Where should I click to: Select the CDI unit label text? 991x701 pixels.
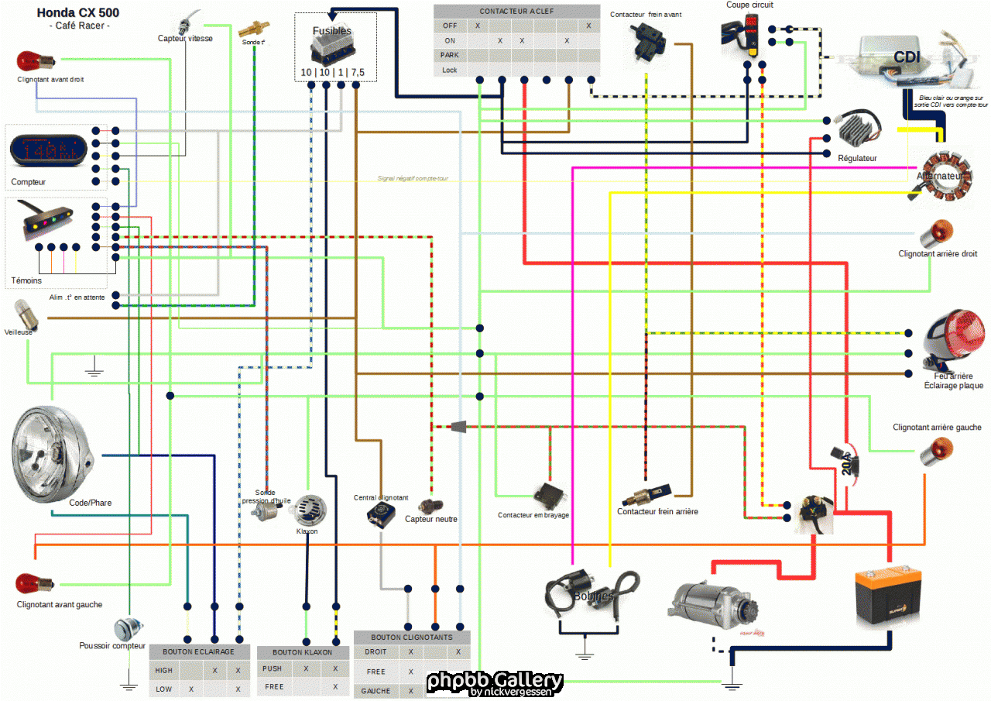(907, 57)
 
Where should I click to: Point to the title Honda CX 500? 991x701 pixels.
(78, 13)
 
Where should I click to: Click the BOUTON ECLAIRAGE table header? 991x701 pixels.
(199, 651)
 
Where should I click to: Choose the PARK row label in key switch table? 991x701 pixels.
(450, 55)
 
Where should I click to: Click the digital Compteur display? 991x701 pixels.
(49, 149)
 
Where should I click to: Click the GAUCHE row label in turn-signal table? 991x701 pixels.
(375, 690)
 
